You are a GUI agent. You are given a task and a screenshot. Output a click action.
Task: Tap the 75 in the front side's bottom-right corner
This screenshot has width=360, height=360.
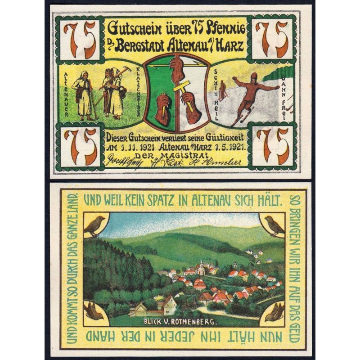click(x=273, y=145)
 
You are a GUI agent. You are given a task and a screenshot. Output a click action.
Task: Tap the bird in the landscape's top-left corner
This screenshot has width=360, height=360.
click(x=94, y=225)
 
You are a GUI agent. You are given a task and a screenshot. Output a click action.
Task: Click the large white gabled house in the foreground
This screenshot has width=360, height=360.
click(x=168, y=305)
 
